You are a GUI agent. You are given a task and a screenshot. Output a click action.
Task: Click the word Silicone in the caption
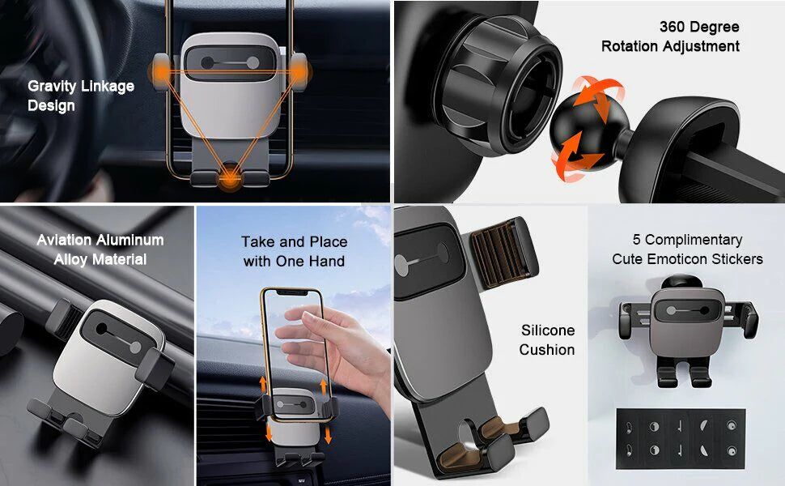pyautogui.click(x=548, y=330)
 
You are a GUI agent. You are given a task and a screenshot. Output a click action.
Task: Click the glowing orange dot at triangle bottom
pyautogui.click(x=231, y=177)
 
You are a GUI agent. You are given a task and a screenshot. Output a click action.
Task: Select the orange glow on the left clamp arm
pyautogui.click(x=161, y=72)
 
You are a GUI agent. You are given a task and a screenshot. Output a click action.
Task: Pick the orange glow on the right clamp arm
pyautogui.click(x=299, y=72)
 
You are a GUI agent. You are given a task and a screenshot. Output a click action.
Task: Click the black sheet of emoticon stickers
pyautogui.click(x=681, y=439)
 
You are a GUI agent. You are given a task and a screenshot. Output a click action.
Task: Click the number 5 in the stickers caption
pyautogui.click(x=636, y=240)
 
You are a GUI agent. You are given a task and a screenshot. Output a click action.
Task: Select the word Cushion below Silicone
pyautogui.click(x=547, y=350)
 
